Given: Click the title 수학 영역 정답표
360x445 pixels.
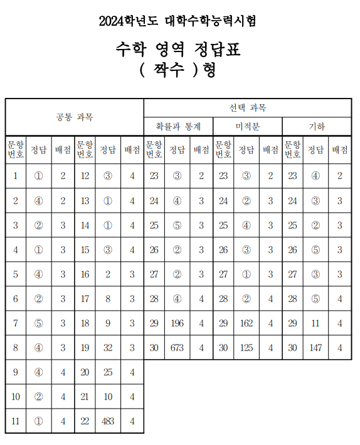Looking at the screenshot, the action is pyautogui.click(x=178, y=48).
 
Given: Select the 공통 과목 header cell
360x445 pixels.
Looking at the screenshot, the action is pyautogui.click(x=75, y=117).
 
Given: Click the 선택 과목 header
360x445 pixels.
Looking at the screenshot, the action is pyautogui.click(x=248, y=108).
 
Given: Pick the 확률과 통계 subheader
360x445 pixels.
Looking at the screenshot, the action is pyautogui.click(x=178, y=126).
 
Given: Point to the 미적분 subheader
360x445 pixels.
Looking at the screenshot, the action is pyautogui.click(x=247, y=126).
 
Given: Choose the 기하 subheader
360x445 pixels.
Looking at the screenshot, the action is pyautogui.click(x=316, y=126).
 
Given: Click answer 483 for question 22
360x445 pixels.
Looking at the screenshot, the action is pyautogui.click(x=108, y=421).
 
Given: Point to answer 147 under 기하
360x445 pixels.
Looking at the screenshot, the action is pyautogui.click(x=315, y=348).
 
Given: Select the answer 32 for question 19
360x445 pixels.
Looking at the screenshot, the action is pyautogui.click(x=108, y=348).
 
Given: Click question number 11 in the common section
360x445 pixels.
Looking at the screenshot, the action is pyautogui.click(x=16, y=421).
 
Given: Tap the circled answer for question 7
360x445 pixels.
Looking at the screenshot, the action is pyautogui.click(x=39, y=323).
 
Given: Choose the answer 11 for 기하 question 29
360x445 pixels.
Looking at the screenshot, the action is pyautogui.click(x=315, y=323).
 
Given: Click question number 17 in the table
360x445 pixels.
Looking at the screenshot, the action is pyautogui.click(x=85, y=299).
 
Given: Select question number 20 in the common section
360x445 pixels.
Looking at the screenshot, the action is pyautogui.click(x=85, y=372).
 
